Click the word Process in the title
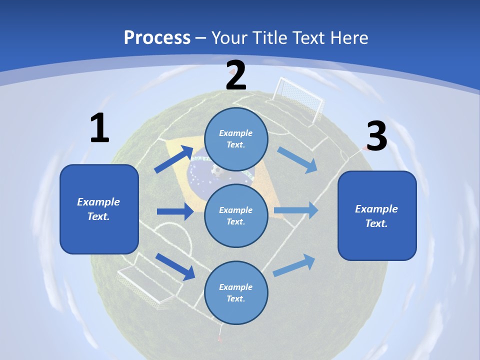157,37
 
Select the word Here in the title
349,37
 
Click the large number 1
99,127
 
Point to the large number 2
235,75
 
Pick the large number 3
377,136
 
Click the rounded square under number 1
99,209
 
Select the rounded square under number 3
377,216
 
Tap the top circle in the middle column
236,139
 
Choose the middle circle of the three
236,216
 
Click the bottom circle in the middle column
236,292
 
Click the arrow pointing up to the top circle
174,159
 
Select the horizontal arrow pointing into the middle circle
175,211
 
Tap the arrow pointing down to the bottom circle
175,266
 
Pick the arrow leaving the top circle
297,160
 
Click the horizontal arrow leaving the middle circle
296,210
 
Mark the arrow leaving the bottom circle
294,265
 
